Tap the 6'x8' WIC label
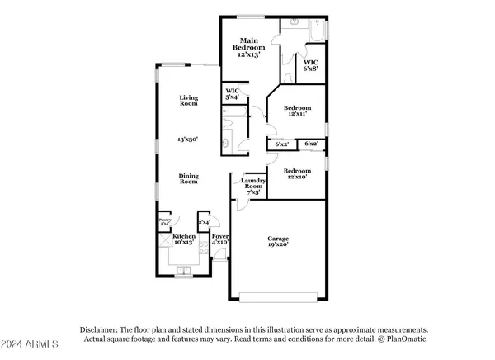pyautogui.click(x=311, y=66)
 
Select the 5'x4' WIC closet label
pyautogui.click(x=231, y=95)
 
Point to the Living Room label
pyautogui.click(x=190, y=101)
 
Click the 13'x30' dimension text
pyautogui.click(x=190, y=140)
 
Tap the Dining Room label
pyautogui.click(x=190, y=179)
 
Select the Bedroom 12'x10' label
pyautogui.click(x=298, y=174)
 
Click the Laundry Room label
pyautogui.click(x=252, y=187)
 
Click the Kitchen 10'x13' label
pyautogui.click(x=183, y=240)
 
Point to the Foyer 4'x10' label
pyautogui.click(x=219, y=240)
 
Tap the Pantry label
pyautogui.click(x=164, y=222)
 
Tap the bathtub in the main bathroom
pyautogui.click(x=317, y=32)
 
